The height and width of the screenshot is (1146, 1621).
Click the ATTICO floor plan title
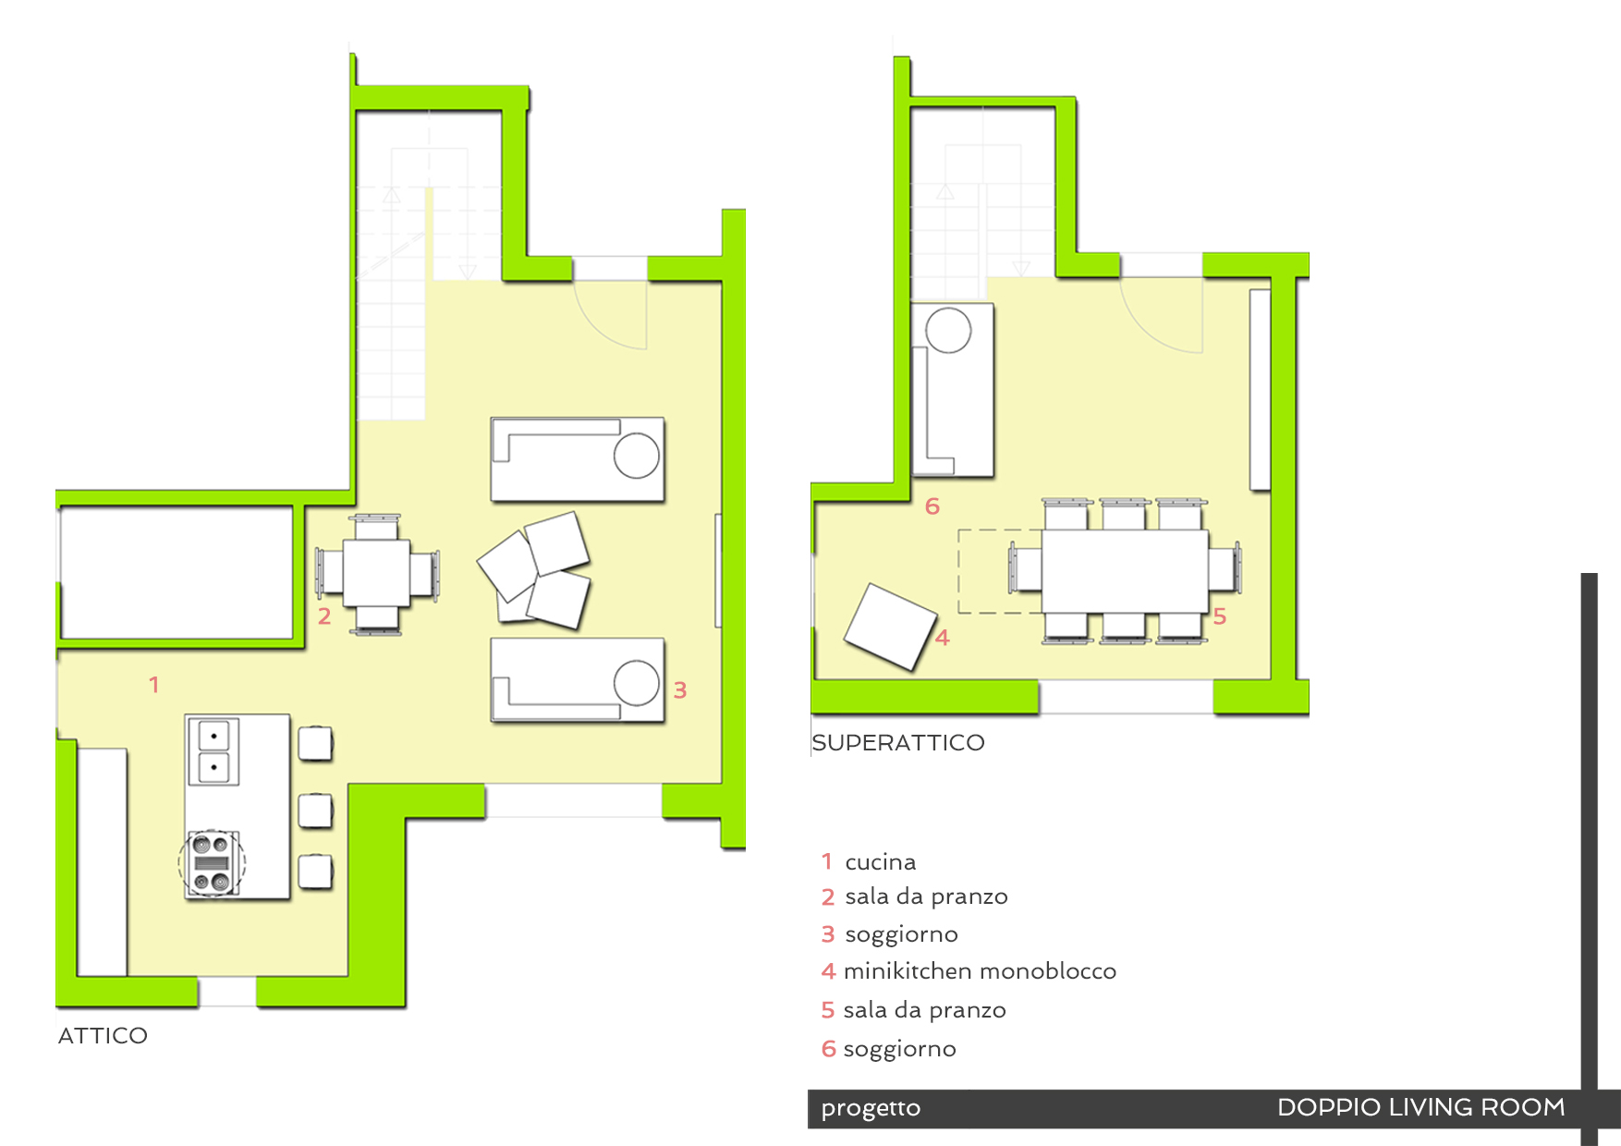point(103,1035)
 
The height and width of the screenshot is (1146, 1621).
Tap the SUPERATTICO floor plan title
point(898,742)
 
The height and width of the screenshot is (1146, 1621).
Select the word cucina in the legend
point(881,862)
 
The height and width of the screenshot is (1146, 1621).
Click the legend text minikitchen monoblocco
point(980,971)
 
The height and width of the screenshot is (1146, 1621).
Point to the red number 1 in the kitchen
point(154,685)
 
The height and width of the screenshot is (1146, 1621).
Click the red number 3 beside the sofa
point(680,690)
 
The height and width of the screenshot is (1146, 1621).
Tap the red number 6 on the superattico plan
point(932,506)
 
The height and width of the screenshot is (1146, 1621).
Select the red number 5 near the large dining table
point(1220,616)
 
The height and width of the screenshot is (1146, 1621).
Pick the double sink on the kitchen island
point(213,751)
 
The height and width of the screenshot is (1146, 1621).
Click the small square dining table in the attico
point(376,573)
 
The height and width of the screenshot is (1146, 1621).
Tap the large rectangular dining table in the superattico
point(1125,570)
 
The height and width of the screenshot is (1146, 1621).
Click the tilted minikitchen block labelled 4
point(891,626)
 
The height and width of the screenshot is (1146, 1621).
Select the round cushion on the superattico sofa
point(949,330)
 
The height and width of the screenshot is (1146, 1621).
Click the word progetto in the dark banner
point(871,1108)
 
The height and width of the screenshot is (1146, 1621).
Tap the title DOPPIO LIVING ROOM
point(1420,1107)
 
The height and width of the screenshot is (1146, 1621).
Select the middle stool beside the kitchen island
point(315,810)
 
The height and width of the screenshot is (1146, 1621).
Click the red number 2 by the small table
point(324,616)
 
